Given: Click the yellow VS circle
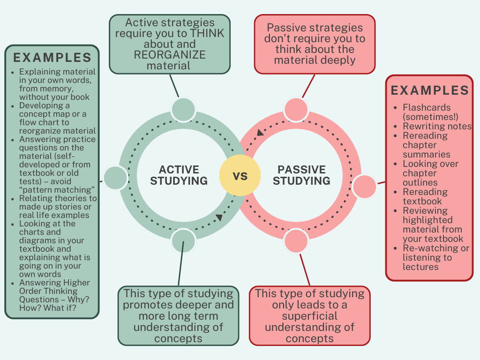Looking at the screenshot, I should click(x=240, y=175).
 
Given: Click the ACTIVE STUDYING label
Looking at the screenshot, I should click(x=179, y=175).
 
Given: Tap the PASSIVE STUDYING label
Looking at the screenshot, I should click(x=301, y=175).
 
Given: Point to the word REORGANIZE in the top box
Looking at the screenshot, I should click(x=170, y=54).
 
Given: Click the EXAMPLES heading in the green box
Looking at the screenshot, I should click(x=52, y=58).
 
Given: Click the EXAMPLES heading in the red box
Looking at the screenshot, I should click(x=430, y=90).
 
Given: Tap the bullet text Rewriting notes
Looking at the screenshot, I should click(x=437, y=126).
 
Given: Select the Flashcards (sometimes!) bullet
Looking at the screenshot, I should click(x=430, y=112).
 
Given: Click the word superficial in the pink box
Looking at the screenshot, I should click(x=309, y=316).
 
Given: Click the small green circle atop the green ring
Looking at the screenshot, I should click(x=182, y=109).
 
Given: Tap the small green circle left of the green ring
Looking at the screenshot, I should click(x=115, y=178).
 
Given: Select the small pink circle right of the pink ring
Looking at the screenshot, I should click(x=364, y=186).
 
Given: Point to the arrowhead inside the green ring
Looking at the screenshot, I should click(x=219, y=217).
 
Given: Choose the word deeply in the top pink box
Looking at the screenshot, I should click(x=339, y=60).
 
